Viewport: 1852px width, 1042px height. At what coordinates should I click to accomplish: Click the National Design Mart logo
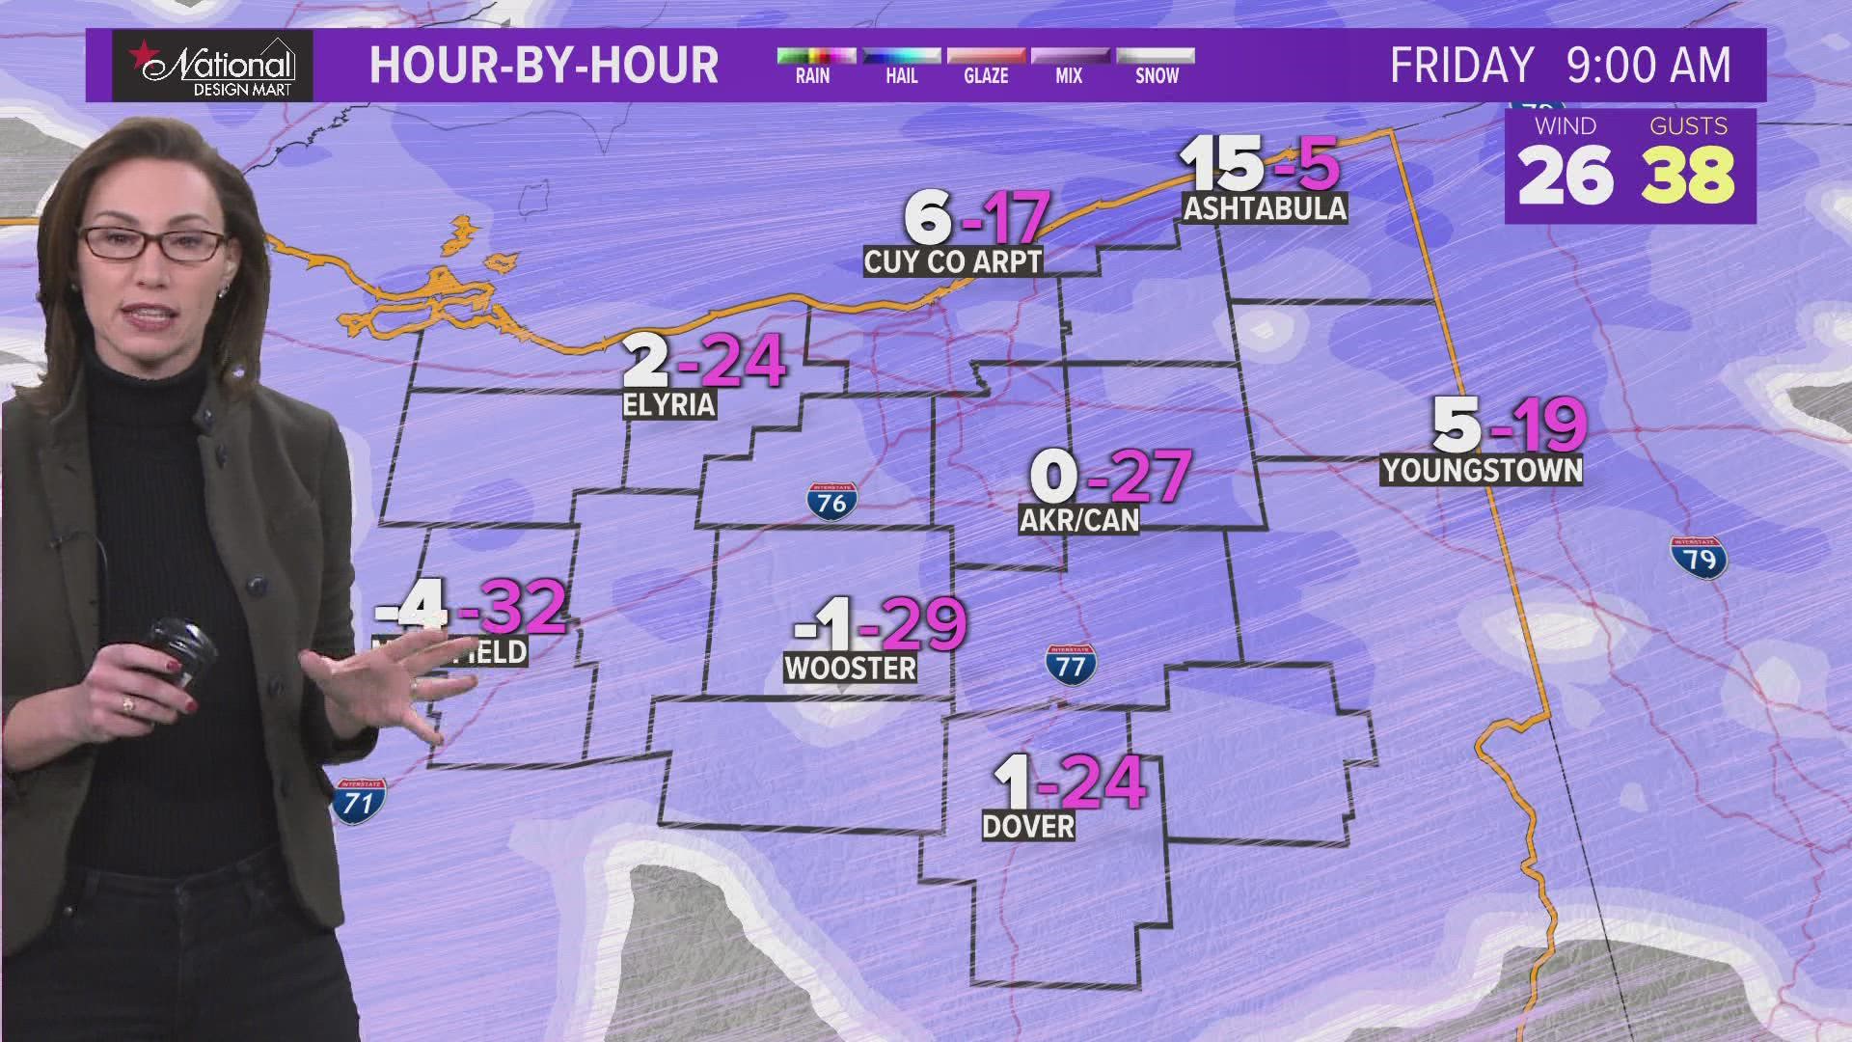point(213,65)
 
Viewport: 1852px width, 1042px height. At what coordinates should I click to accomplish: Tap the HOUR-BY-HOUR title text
point(544,66)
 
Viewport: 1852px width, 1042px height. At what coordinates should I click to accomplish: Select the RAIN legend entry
point(812,66)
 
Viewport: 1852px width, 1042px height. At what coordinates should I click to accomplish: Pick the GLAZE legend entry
point(986,66)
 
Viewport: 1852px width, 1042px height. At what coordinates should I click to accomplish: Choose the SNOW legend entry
point(1156,66)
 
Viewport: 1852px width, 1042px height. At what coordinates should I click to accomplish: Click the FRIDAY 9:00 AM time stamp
point(1560,66)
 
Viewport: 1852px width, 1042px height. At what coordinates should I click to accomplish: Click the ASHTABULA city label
point(1265,208)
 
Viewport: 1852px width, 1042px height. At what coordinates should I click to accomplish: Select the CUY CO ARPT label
point(953,261)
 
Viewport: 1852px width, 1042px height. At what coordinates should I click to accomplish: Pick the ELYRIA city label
point(669,404)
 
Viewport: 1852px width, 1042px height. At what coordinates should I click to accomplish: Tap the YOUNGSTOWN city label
point(1482,471)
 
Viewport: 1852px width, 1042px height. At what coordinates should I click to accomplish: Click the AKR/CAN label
point(1079,520)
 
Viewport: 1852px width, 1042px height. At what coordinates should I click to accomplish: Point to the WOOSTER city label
point(850,668)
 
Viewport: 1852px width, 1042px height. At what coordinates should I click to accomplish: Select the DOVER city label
point(1028,826)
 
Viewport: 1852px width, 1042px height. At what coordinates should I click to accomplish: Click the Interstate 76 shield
point(831,500)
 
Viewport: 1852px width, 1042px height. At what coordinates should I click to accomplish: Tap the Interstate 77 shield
point(1071,664)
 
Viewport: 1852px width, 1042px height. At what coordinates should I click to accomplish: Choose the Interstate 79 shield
point(1699,557)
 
